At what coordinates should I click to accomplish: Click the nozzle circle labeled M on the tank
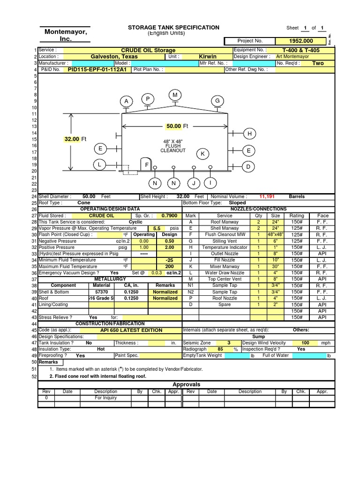(x=175, y=95)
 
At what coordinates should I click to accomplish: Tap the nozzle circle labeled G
(x=217, y=101)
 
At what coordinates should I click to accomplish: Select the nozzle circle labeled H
(x=249, y=134)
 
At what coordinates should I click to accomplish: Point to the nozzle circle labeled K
(x=203, y=154)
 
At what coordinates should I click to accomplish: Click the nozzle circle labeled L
(x=99, y=165)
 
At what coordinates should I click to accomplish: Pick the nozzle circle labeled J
(x=193, y=182)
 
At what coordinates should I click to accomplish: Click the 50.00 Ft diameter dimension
(x=176, y=126)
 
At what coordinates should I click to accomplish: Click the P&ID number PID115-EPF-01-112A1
(x=97, y=69)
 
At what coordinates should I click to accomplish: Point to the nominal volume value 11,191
(x=267, y=197)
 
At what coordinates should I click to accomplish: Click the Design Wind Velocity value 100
(x=305, y=343)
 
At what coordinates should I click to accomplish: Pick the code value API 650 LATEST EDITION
(x=131, y=330)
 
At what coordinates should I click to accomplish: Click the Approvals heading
(x=187, y=384)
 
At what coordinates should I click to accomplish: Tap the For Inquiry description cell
(x=105, y=397)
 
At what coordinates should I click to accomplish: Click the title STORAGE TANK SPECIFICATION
(x=173, y=28)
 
